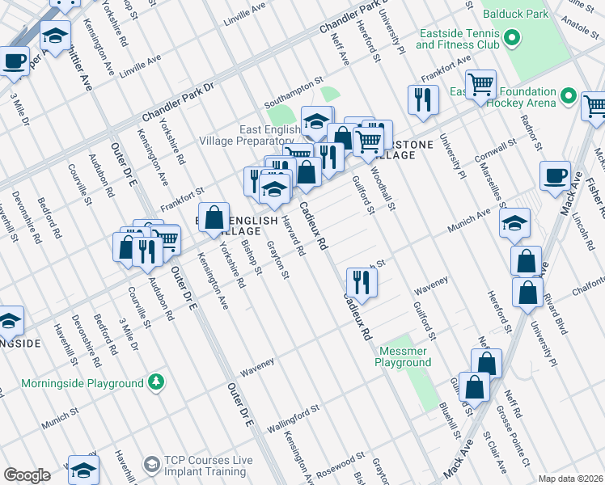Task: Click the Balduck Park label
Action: point(515,14)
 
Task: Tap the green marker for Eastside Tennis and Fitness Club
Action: point(512,38)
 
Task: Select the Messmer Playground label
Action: point(402,356)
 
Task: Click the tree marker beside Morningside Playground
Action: point(155,382)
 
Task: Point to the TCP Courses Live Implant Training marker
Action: point(151,464)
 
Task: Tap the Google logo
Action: point(27,475)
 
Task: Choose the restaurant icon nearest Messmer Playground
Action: point(361,282)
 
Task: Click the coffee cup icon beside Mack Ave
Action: point(555,177)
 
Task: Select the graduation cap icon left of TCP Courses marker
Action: point(83,470)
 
